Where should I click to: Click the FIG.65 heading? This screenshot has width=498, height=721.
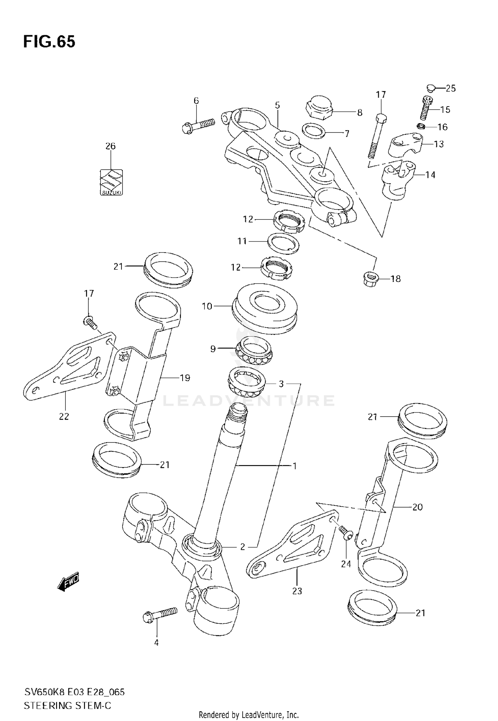click(49, 42)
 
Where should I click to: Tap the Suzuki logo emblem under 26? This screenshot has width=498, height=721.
click(111, 182)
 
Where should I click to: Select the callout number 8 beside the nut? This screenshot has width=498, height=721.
click(360, 113)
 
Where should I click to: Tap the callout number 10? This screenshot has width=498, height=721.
click(207, 306)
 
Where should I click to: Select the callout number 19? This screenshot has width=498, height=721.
click(185, 378)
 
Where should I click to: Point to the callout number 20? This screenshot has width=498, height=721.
click(417, 507)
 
